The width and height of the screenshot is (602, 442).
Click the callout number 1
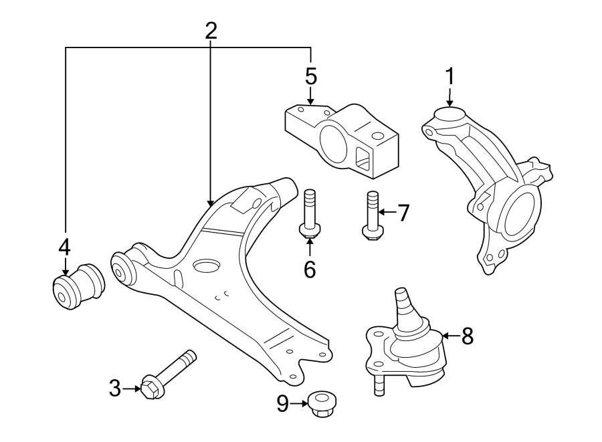pyautogui.click(x=449, y=76)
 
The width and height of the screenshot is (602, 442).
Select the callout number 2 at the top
pyautogui.click(x=211, y=30)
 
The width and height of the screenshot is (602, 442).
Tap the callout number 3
pyautogui.click(x=115, y=387)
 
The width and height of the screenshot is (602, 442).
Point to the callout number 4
pyautogui.click(x=64, y=247)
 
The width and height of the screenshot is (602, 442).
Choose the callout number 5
pyautogui.click(x=311, y=76)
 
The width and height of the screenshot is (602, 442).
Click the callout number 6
pyautogui.click(x=309, y=269)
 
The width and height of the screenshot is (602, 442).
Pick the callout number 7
pyautogui.click(x=403, y=213)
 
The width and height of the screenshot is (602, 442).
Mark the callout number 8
pyautogui.click(x=467, y=336)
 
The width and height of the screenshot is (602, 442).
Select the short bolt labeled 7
pyautogui.click(x=371, y=214)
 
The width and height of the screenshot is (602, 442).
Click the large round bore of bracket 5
pyautogui.click(x=334, y=142)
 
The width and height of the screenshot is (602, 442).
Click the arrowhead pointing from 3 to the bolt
pyautogui.click(x=136, y=387)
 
